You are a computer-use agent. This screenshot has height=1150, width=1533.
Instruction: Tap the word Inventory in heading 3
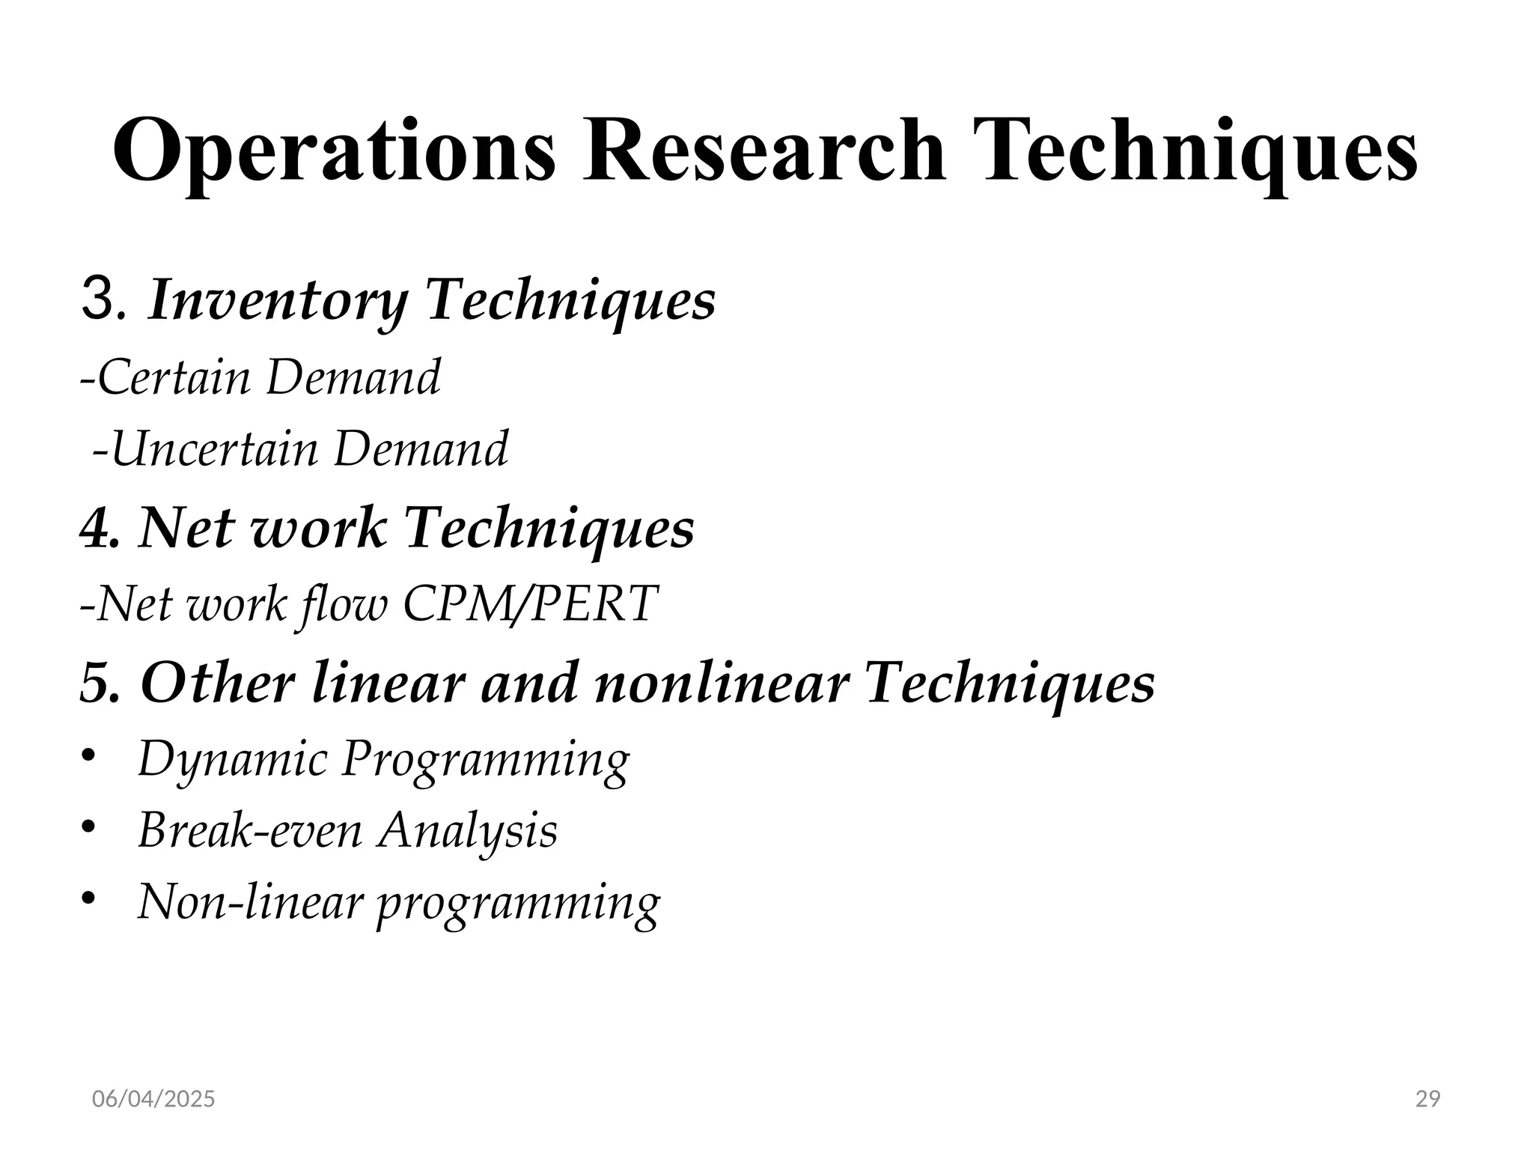277,301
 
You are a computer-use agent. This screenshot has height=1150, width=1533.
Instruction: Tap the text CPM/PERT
530,603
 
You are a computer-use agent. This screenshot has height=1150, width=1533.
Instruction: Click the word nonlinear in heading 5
722,683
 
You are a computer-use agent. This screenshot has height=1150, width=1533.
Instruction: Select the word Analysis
467,831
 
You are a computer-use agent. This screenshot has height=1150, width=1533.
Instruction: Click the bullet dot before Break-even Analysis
89,827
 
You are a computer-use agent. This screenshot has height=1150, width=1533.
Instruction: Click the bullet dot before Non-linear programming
89,898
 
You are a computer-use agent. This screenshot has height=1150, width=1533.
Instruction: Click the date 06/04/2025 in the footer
153,1099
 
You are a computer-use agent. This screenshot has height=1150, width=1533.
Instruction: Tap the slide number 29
1428,1099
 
